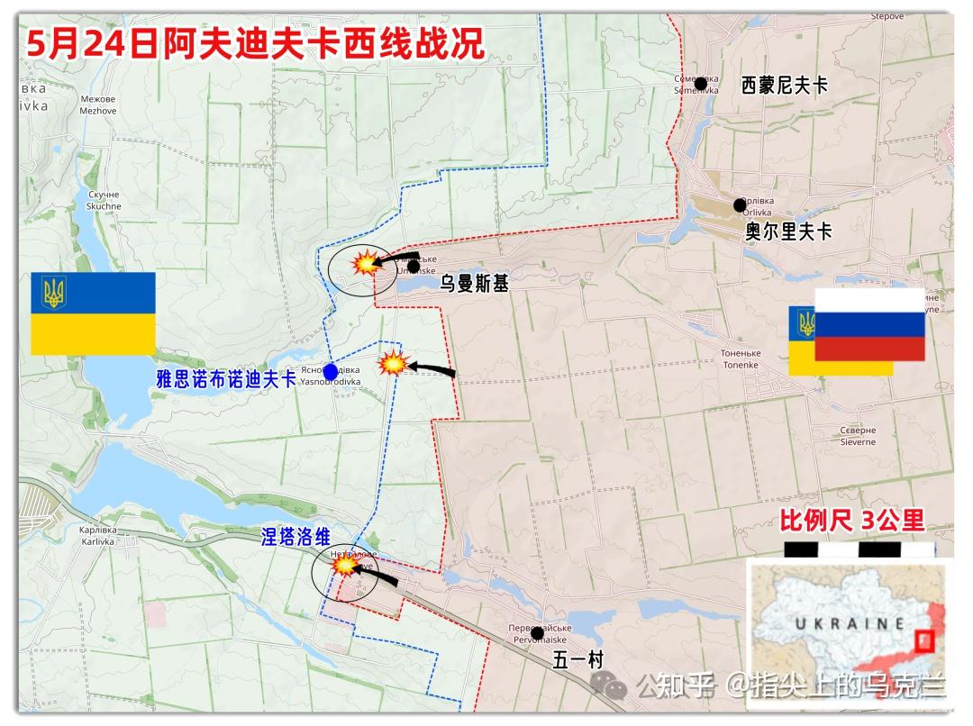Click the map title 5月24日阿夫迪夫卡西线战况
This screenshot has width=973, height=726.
click(255, 42)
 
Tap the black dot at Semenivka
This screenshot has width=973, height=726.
click(701, 84)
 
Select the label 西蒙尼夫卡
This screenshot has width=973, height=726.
click(784, 86)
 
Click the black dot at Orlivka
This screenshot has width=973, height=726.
click(740, 204)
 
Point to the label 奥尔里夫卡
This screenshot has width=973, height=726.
click(788, 231)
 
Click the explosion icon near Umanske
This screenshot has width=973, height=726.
click(365, 263)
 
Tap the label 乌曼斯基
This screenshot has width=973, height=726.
click(474, 284)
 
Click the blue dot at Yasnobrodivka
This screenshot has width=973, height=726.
click(331, 371)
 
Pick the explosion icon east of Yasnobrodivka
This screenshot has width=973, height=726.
click(393, 364)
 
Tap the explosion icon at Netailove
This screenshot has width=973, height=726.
click(345, 565)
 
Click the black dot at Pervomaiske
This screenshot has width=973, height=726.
click(537, 633)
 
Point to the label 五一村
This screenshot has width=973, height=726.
click(577, 659)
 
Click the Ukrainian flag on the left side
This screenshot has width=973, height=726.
click(93, 313)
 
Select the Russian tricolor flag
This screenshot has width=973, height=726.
click(869, 324)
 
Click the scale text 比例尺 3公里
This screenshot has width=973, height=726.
click(851, 520)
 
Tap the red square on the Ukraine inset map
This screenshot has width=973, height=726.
click(923, 642)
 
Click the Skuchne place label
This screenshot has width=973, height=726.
click(104, 201)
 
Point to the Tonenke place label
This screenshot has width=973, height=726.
click(741, 358)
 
